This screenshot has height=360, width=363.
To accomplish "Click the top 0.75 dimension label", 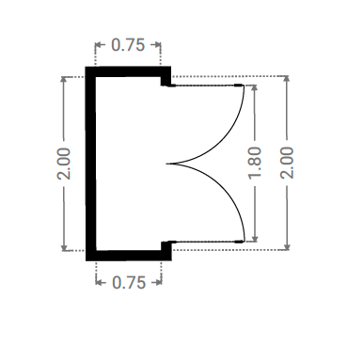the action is click(x=128, y=45).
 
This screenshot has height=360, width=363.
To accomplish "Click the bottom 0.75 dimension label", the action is click(x=129, y=283).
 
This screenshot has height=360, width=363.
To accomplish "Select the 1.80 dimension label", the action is click(x=255, y=163).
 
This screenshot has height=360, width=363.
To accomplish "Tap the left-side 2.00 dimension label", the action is click(x=64, y=164).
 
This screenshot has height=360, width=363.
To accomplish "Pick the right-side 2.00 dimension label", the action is click(x=287, y=163).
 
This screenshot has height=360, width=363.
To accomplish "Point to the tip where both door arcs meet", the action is click(x=166, y=164).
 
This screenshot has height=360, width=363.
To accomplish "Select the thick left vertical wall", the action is click(x=90, y=164).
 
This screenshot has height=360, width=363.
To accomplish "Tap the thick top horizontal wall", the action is click(x=128, y=71).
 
